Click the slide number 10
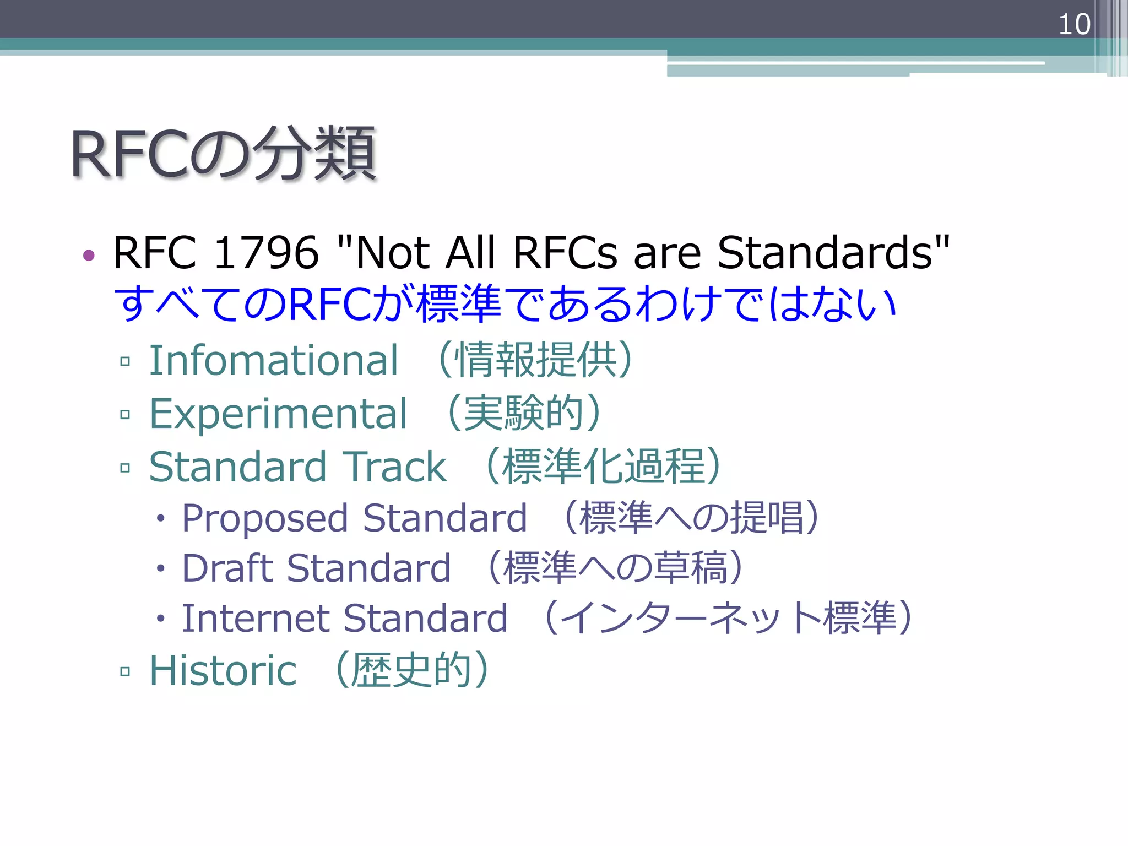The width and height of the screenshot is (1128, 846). [x=1073, y=25]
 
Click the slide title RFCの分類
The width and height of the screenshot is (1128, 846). [x=223, y=154]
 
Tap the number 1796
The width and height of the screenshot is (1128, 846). [x=265, y=253]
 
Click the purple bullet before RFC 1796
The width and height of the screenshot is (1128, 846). [x=89, y=255]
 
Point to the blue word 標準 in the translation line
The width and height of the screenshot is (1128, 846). [x=459, y=304]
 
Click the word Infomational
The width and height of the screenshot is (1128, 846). [x=273, y=360]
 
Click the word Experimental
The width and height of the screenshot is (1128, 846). [x=278, y=414]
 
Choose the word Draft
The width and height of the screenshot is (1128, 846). [x=226, y=568]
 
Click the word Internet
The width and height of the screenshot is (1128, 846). [x=255, y=618]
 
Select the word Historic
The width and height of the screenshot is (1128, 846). [x=223, y=670]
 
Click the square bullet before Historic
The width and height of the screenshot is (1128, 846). [x=125, y=671]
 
